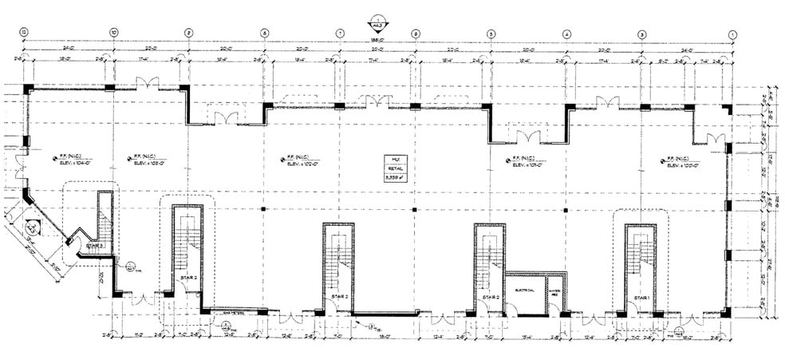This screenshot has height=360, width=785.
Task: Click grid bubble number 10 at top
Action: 114,33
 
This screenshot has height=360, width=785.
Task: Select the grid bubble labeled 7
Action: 340,33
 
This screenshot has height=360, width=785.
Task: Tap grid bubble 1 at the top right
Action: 732,33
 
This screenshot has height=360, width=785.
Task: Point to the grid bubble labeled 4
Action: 566,33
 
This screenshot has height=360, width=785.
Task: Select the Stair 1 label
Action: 643,298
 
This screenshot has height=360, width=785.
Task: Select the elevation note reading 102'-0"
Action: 303,162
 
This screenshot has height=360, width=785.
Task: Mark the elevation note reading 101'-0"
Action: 528,162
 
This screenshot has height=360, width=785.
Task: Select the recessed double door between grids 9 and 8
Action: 226,117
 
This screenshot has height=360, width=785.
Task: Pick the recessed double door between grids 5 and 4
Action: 528,136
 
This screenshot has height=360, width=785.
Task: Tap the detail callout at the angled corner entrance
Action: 31,227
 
